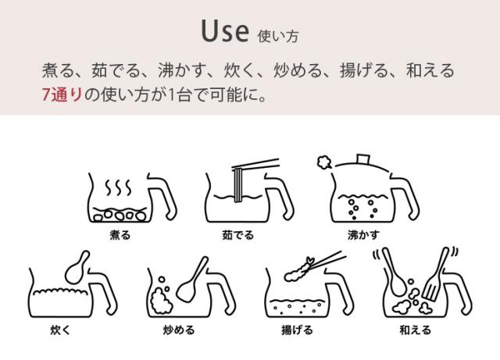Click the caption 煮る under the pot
click(120, 234)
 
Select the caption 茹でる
click(237, 234)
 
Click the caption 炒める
click(179, 330)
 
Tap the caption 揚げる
click(296, 330)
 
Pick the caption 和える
click(415, 330)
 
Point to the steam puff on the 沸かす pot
click(323, 162)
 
